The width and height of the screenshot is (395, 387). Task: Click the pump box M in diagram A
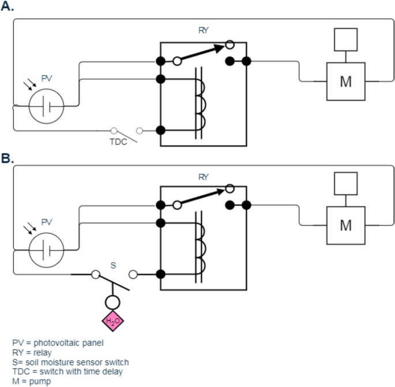point(345,81)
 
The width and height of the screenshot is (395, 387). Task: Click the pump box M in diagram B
point(345,225)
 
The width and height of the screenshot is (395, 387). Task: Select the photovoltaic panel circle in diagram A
point(47,106)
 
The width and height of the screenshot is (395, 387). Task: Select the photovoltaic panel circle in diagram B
point(47,250)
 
